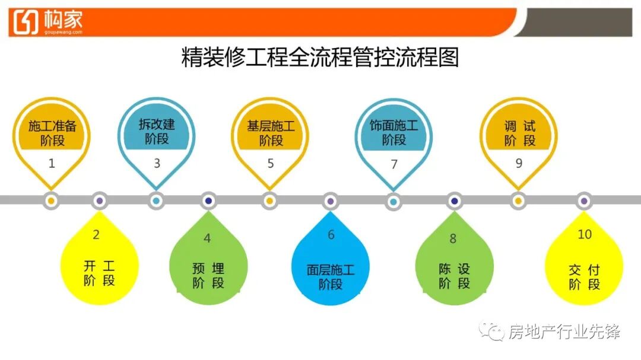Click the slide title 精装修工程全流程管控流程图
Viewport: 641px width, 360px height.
coord(320,59)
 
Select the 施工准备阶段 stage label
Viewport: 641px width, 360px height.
coord(52,133)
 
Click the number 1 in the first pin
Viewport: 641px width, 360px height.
coord(52,163)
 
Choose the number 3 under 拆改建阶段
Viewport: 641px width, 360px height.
coord(157,163)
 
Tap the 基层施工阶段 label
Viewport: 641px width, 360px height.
coord(271,133)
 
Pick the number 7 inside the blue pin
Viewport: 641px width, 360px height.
coord(394,164)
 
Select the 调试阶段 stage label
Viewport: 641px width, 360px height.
coord(519,133)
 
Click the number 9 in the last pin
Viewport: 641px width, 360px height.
coord(519,163)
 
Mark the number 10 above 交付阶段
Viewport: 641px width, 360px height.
coord(585,234)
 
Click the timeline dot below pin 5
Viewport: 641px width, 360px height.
coord(269,201)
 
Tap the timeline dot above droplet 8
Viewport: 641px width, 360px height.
coord(454,201)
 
